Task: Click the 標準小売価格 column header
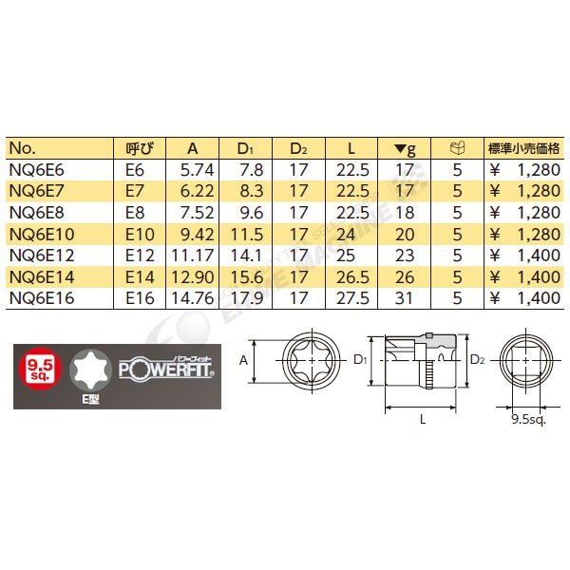click(523, 148)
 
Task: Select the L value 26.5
click(352, 276)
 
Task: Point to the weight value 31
click(404, 298)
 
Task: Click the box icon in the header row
click(457, 148)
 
